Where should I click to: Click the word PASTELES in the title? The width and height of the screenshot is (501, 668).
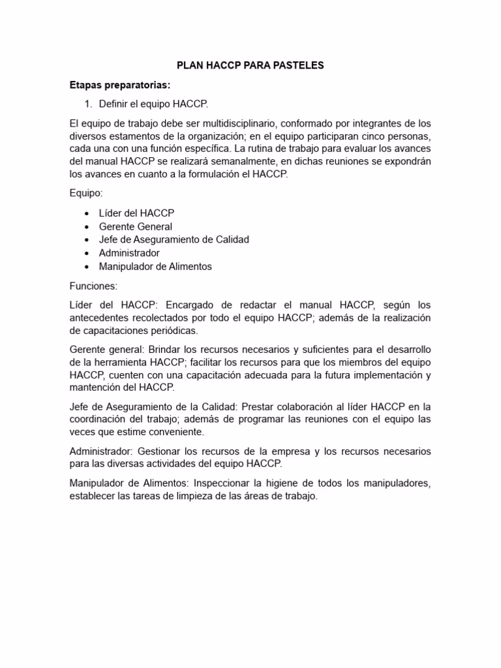point(297,66)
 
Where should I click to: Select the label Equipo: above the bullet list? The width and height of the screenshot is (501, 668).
point(85,193)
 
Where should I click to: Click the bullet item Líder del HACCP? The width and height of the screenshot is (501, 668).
point(136,213)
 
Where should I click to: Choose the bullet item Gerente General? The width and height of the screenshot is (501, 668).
point(135,226)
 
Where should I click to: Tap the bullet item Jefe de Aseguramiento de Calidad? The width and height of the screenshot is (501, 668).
point(174,239)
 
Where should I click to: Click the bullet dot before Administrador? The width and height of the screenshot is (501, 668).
point(87,253)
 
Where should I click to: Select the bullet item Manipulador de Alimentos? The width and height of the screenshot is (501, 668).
point(155,266)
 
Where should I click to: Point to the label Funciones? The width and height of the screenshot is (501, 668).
point(93,285)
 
